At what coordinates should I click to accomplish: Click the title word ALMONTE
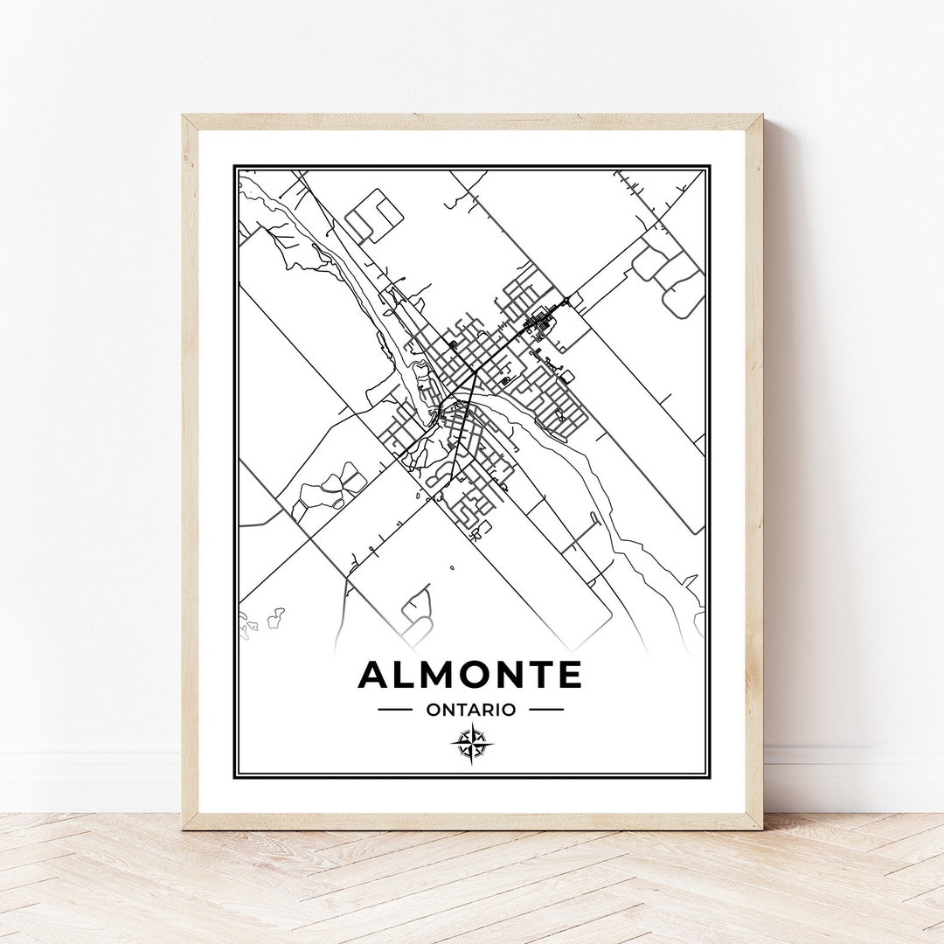[469, 675]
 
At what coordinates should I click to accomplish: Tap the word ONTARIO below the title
[470, 710]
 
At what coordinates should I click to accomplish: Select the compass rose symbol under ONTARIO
[472, 744]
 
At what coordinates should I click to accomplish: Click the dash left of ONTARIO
[394, 710]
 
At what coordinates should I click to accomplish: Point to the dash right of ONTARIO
[546, 710]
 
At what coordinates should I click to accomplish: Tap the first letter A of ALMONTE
[373, 675]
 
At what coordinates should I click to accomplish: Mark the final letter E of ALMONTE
[569, 675]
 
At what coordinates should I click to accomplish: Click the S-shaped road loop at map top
[376, 215]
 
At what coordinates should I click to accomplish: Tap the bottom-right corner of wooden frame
[760, 827]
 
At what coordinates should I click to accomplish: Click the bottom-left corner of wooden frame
[184, 827]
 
